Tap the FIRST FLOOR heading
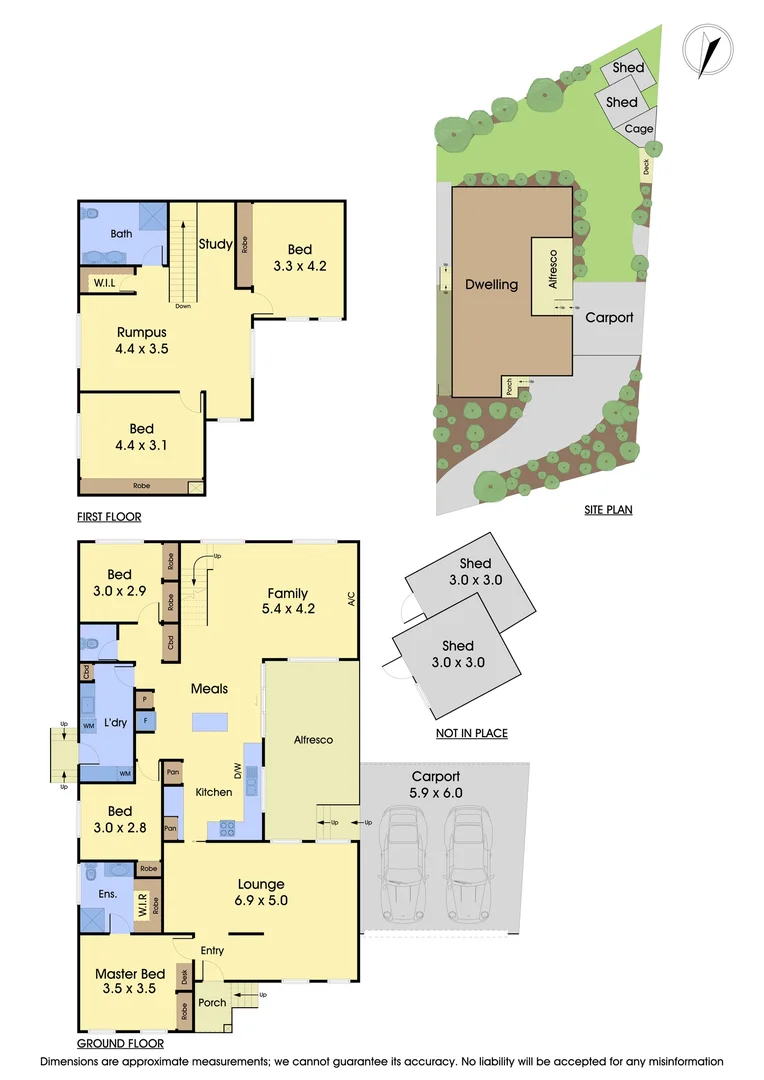109,517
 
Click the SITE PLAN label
608,510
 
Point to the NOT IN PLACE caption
471,733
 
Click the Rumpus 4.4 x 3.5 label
141,341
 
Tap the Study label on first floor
215,243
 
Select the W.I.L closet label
103,283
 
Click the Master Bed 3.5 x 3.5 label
130,982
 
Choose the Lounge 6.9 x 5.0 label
261,892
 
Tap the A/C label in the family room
351,600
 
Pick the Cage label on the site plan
639,129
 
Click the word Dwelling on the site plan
492,284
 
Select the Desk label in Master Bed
184,975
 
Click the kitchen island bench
210,722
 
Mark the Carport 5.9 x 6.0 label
436,784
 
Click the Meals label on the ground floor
210,688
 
